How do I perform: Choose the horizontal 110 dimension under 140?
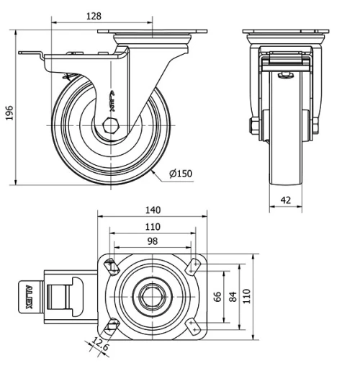[152, 226]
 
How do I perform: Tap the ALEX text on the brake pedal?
[30, 295]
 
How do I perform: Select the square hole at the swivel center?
[153, 295]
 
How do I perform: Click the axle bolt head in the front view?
[252, 128]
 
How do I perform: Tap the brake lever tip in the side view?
[24, 55]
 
